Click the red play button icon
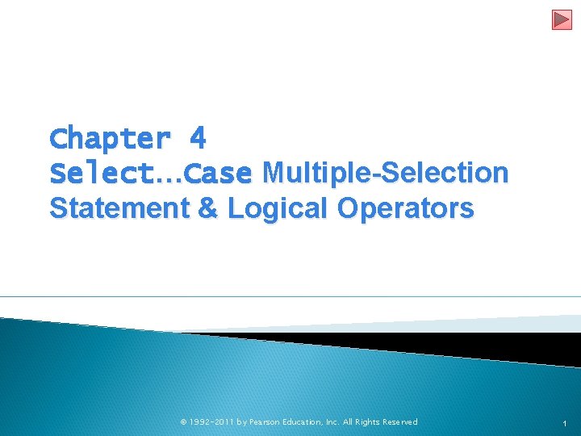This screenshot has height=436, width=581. point(562,19)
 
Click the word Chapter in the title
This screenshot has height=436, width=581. point(110,140)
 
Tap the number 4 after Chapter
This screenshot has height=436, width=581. point(198,139)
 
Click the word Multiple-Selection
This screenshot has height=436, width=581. point(386,173)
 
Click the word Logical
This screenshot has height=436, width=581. point(278,208)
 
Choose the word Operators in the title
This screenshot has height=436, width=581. point(406,208)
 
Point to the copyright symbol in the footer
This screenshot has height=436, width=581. point(183,422)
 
